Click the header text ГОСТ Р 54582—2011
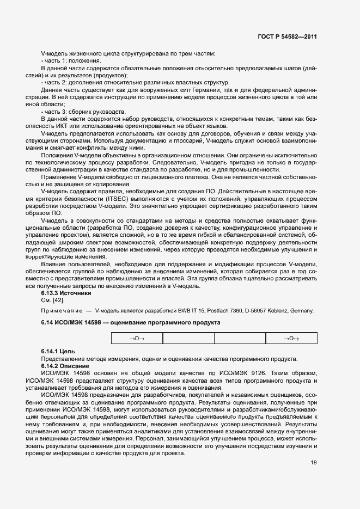(x=288, y=36)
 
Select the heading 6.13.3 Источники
(x=63, y=293)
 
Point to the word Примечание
(x=62, y=310)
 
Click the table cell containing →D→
(x=137, y=339)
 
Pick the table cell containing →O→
(x=291, y=339)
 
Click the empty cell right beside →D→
(x=188, y=339)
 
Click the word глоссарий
(x=181, y=139)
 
